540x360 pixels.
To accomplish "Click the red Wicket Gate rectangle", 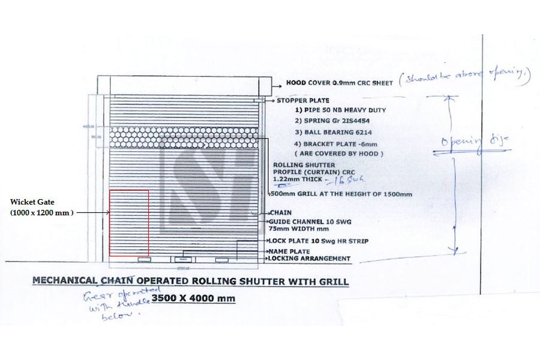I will tap(129, 222).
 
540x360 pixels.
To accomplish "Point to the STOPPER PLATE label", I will tap(302, 101).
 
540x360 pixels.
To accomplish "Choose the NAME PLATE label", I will tap(290, 251).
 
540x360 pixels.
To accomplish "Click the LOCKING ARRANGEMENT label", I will tap(310, 259).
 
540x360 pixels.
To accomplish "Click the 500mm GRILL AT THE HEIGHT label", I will tap(342, 194).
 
